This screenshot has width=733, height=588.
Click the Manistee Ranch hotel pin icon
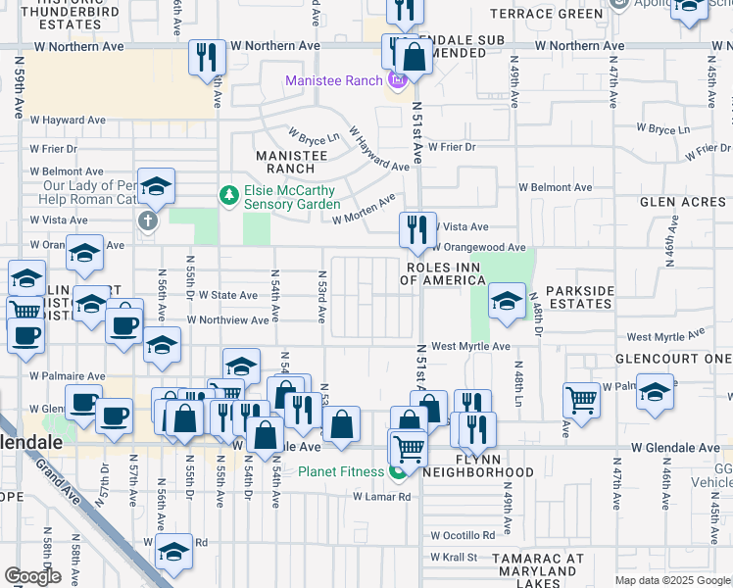(398, 80)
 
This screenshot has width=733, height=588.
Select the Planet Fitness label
(341, 472)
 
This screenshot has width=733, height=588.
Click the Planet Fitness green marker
(398, 473)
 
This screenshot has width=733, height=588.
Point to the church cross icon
(147, 220)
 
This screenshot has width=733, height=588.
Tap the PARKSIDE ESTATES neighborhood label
(579, 297)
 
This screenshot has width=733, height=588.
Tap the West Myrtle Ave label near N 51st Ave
(471, 347)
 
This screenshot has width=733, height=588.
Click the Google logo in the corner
(32, 576)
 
